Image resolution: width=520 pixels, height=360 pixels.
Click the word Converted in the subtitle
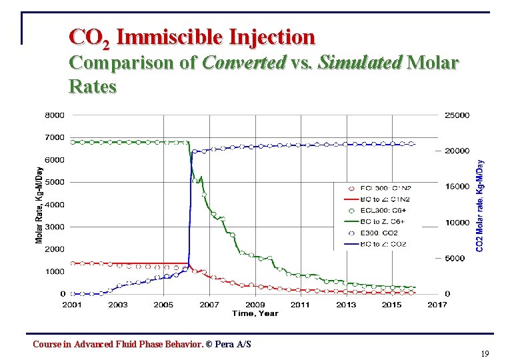pos(243,63)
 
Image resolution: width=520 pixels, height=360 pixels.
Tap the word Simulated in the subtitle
pos(360,63)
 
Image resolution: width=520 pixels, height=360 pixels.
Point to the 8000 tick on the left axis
pos(55,115)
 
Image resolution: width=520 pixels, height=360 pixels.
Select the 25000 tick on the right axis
pos(457,115)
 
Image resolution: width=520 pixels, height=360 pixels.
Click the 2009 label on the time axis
pos(255,305)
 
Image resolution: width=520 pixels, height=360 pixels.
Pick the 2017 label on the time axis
pos(437,305)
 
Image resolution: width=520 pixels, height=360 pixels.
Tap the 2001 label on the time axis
pos(72,305)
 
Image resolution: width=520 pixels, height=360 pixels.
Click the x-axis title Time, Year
pos(255,313)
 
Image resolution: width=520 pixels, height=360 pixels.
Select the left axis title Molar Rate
pos(38,204)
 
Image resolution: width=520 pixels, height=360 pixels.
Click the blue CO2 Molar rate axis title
pos(480,204)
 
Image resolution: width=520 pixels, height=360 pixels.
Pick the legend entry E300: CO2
pos(381,233)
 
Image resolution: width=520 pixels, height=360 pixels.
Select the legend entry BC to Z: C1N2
pos(385,199)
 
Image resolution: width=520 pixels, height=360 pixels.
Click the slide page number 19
pos(485,354)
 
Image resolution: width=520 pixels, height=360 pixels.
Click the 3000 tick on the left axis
pos(55,227)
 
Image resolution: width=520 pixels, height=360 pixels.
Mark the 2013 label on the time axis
pos(346,305)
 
